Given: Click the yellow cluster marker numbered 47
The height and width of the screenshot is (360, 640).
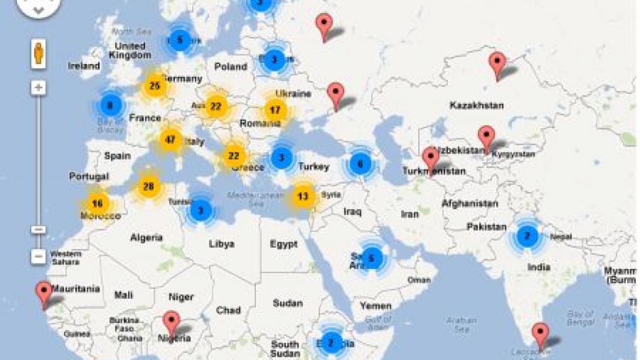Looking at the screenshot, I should (170, 140).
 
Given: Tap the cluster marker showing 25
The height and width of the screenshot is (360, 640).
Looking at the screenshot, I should (155, 86).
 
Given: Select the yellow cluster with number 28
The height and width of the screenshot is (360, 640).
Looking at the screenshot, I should (149, 186).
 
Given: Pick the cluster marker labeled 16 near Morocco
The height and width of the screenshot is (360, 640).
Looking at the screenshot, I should (97, 203).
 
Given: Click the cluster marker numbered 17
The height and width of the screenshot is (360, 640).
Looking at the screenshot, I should (275, 110).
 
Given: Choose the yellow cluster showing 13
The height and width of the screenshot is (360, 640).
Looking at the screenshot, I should (303, 196).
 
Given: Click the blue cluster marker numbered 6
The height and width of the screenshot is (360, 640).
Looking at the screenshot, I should (360, 164).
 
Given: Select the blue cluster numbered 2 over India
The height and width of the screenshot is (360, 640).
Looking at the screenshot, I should (527, 235).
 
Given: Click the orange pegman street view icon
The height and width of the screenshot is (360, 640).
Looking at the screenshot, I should (38, 54).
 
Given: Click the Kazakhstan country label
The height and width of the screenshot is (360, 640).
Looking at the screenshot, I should (476, 106).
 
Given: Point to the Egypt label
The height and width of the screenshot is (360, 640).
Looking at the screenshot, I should (283, 244).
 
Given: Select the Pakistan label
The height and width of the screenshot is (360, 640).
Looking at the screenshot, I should (486, 227).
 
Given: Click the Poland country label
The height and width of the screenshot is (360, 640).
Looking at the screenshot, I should (230, 67).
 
